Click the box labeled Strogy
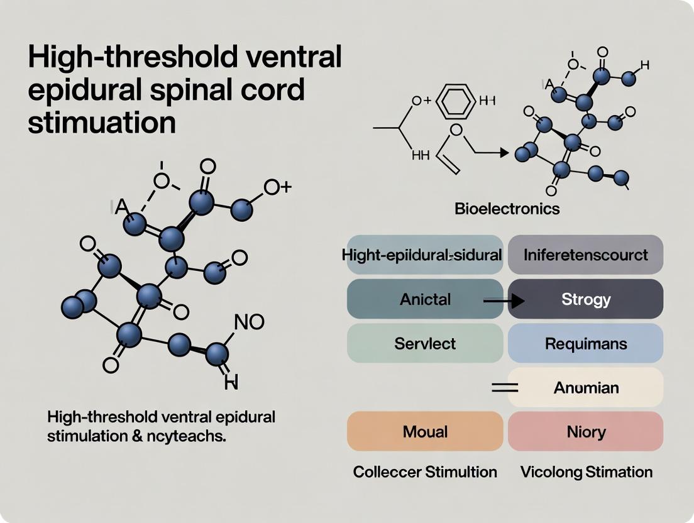point(585,299)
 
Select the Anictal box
point(425,299)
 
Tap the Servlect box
point(425,344)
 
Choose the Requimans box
point(585,344)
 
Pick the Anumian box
point(585,388)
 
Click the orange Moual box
point(425,432)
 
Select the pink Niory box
point(585,432)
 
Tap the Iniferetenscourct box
point(585,255)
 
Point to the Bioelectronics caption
point(507,209)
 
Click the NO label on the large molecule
point(249,322)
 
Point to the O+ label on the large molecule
point(277,187)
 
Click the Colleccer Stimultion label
point(425,471)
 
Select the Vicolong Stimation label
point(586,471)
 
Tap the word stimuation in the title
point(101,121)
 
